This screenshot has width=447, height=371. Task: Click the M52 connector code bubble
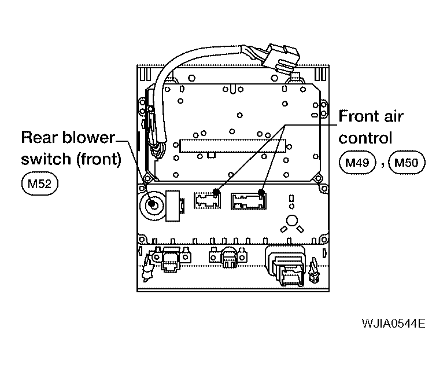point(40,183)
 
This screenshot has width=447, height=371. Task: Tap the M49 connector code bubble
point(357,163)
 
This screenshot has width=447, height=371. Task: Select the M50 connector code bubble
point(407,163)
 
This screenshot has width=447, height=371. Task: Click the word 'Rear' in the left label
point(39,137)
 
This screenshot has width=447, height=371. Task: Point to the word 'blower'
point(88,137)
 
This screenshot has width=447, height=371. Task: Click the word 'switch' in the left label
point(46,159)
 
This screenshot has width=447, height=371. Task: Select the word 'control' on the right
point(365,138)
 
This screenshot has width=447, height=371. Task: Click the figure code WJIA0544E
point(393,324)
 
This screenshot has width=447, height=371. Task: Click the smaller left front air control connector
point(207,200)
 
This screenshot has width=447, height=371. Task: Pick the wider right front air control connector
point(249,201)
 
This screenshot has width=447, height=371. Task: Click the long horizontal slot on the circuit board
point(232,146)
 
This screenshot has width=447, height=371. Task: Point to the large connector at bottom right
point(286,265)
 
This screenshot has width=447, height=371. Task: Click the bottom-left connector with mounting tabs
point(171,258)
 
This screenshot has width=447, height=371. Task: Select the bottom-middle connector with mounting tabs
point(228,256)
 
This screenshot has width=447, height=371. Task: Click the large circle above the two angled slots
point(291,221)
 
